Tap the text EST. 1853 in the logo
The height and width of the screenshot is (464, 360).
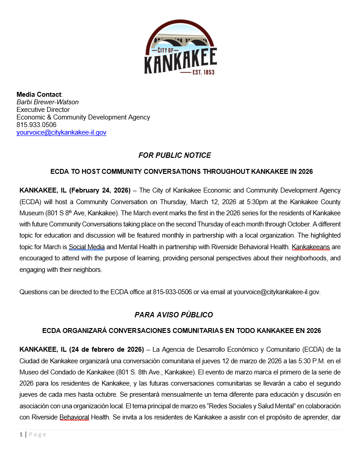point(203,71)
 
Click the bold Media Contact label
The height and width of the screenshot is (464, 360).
point(38,94)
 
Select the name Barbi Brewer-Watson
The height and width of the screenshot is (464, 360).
point(48,102)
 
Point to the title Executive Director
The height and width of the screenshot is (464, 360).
point(43,110)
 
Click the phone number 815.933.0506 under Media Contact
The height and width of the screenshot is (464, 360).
point(36,125)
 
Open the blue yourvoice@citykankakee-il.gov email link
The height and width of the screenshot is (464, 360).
point(61,132)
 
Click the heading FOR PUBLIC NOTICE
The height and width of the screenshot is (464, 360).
point(175,155)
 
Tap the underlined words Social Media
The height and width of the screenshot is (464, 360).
point(86,246)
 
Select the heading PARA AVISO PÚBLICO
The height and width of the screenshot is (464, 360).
point(174,315)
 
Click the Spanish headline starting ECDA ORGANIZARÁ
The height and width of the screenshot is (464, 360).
point(181,331)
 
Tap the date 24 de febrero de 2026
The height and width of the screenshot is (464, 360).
point(106,349)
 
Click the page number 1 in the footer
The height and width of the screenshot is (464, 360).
point(20,435)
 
